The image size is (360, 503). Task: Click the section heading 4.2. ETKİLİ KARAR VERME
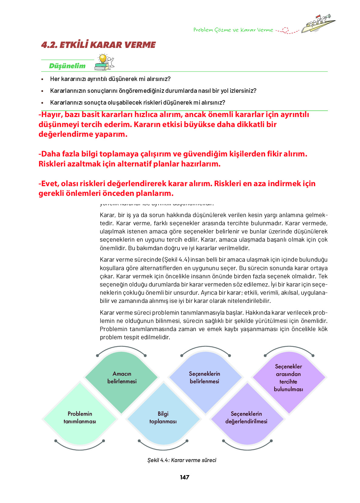98,45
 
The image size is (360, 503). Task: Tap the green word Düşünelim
67,66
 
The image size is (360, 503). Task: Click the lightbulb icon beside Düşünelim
103,59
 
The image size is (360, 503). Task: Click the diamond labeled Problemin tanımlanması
80,417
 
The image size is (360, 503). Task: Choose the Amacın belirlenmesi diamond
122,377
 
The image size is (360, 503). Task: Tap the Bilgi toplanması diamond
163,417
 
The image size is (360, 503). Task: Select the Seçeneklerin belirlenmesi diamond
204,377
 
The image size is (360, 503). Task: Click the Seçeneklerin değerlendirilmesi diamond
246,417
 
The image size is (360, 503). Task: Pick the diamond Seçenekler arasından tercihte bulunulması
288,378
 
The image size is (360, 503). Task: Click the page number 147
184,477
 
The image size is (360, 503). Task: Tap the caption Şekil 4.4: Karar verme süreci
182,460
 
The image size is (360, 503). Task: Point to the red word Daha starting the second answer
50,154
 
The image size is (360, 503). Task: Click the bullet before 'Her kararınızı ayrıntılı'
42,79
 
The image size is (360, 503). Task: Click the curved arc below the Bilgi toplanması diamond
163,448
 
